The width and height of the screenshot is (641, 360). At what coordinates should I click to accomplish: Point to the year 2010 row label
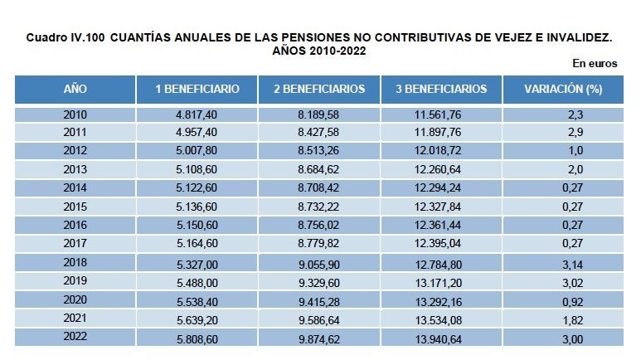tap(75, 114)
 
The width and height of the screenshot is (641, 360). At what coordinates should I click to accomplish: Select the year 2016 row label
tap(75, 224)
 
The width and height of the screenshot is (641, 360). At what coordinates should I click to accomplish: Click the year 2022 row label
tap(75, 338)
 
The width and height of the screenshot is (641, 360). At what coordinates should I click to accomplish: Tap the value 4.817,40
tap(197, 114)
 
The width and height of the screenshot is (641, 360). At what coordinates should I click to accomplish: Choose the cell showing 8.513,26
tap(319, 151)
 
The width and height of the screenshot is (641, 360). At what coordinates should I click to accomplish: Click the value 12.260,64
tap(441, 169)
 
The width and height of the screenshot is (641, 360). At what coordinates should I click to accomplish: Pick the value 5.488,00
tap(197, 282)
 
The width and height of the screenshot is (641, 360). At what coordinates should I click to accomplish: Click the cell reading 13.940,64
tap(441, 338)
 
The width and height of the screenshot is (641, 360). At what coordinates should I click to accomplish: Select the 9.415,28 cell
tap(319, 300)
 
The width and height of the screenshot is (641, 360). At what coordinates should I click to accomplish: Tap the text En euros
tap(595, 63)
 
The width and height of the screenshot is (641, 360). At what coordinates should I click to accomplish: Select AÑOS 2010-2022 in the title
tap(319, 51)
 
